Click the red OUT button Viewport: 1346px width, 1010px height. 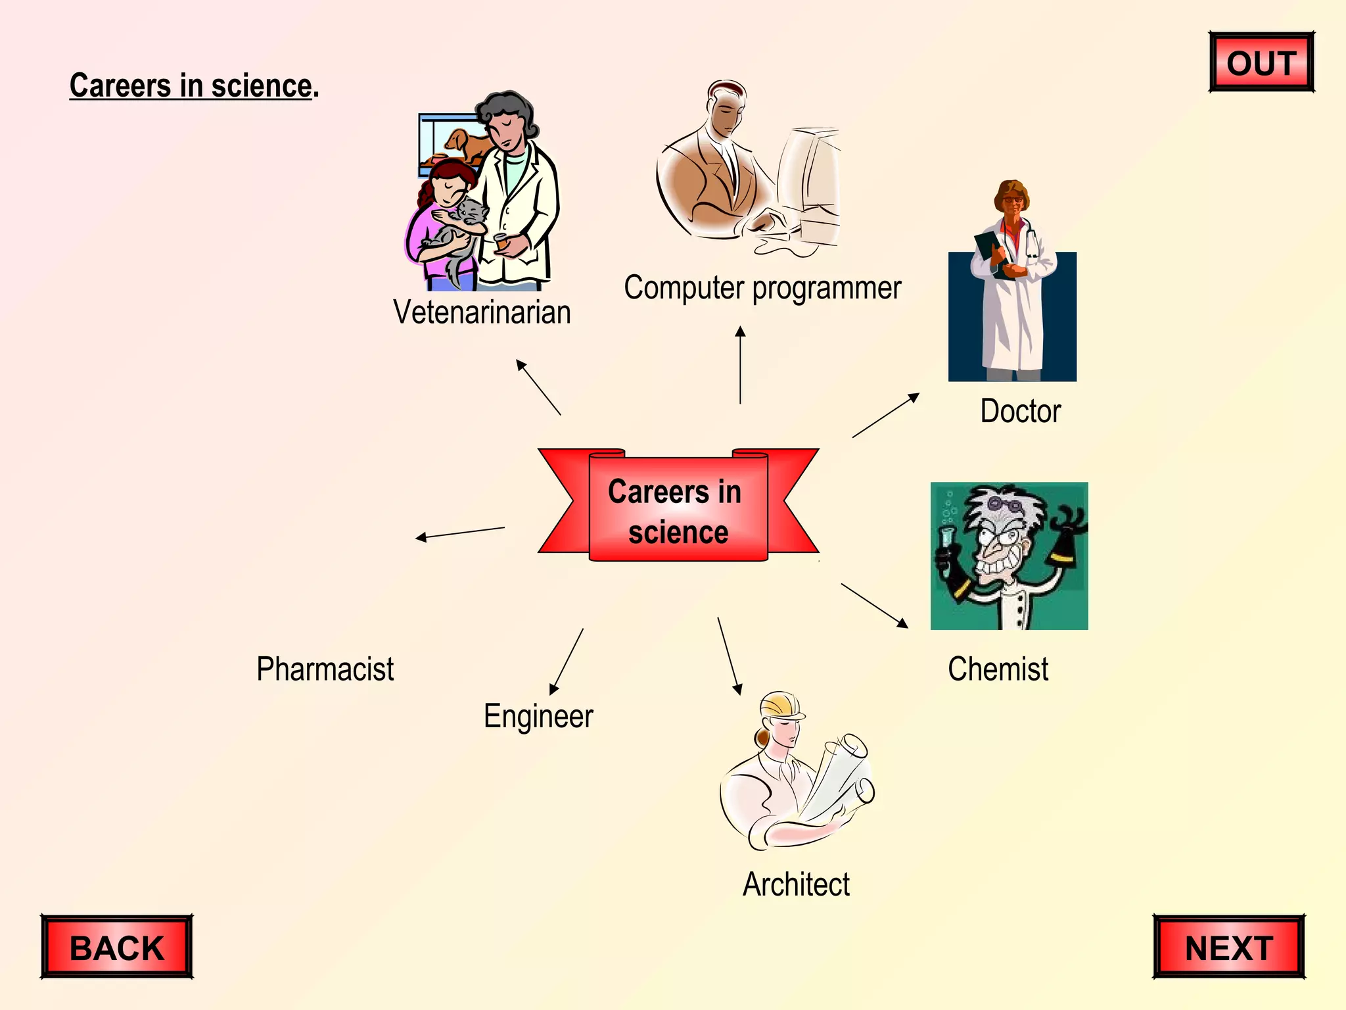pyautogui.click(x=1261, y=62)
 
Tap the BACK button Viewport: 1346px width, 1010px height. pyautogui.click(x=117, y=947)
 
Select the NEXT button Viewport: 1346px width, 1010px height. pyautogui.click(x=1228, y=947)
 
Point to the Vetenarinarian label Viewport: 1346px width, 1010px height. pyautogui.click(x=482, y=312)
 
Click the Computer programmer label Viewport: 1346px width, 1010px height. pyautogui.click(x=762, y=288)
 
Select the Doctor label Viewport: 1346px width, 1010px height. pyautogui.click(x=1020, y=412)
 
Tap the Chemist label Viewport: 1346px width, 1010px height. pyautogui.click(x=998, y=669)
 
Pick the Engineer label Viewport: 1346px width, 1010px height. pyautogui.click(x=538, y=716)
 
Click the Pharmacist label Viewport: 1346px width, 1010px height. pyautogui.click(x=325, y=669)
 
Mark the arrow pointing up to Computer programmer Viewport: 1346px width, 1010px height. pyautogui.click(x=741, y=365)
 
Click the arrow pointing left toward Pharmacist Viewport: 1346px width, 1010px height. pyautogui.click(x=460, y=533)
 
